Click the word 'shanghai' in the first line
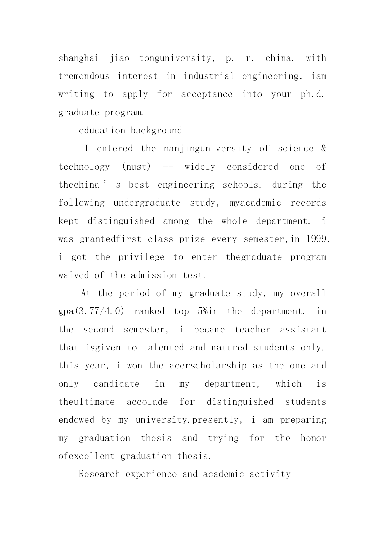[78, 58]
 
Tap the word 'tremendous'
[84, 76]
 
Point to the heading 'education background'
[130, 131]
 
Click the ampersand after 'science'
[324, 149]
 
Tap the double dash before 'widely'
[168, 167]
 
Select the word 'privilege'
[141, 257]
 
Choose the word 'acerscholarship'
[208, 366]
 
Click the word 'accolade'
[147, 402]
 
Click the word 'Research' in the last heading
[99, 474]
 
